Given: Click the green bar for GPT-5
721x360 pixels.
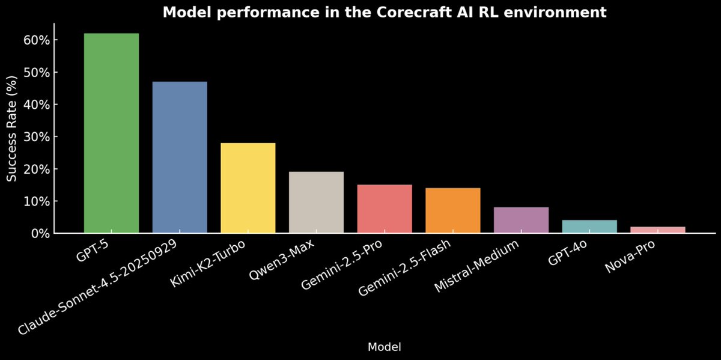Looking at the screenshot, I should tap(111, 133).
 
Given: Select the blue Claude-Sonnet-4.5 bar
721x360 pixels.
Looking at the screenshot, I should tap(180, 157).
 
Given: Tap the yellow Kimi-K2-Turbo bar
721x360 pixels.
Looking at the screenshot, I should tap(248, 188).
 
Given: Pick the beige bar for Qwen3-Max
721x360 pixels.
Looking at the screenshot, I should tap(316, 202).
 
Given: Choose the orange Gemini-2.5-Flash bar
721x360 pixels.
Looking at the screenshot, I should tap(453, 210).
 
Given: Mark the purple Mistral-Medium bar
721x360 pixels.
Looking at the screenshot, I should tap(521, 220).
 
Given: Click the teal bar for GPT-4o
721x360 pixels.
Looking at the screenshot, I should tap(589, 227).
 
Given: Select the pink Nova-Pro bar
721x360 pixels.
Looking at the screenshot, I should tap(658, 230).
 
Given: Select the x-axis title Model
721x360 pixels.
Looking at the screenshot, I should tap(384, 347).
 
